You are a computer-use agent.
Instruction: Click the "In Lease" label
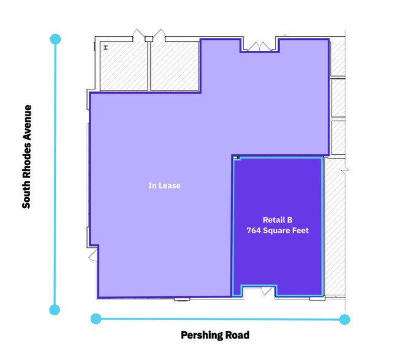pyautogui.click(x=164, y=186)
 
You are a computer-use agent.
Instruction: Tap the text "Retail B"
pyautogui.click(x=277, y=219)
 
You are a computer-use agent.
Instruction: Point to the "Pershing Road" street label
pyautogui.click(x=215, y=335)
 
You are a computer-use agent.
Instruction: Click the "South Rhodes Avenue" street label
pyautogui.click(x=26, y=157)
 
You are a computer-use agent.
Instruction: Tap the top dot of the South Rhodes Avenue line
pyautogui.click(x=55, y=39)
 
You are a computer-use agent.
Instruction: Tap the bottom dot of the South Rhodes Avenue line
pyautogui.click(x=55, y=309)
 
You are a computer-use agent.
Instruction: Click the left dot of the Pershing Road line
pyautogui.click(x=96, y=318)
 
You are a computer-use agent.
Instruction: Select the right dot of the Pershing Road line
pyautogui.click(x=345, y=319)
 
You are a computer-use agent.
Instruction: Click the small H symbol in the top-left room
pyautogui.click(x=106, y=48)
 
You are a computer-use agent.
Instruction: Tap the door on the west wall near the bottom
pyautogui.click(x=93, y=254)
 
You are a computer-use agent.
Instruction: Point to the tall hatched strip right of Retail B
pyautogui.click(x=334, y=227)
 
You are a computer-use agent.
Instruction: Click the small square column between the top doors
pyautogui.click(x=148, y=39)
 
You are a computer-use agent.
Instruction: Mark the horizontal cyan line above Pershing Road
pyautogui.click(x=221, y=318)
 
